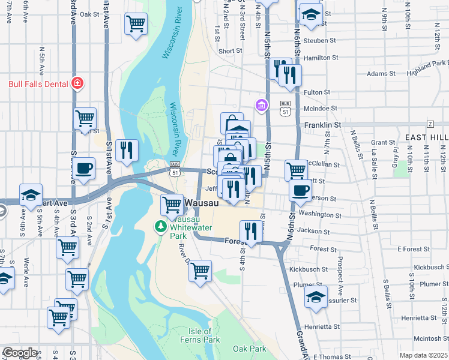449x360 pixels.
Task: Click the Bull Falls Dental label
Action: coord(38,84)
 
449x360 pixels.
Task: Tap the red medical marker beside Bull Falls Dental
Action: coord(77,83)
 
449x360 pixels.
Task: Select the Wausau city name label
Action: coord(202,203)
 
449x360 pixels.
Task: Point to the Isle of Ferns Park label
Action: coord(200,335)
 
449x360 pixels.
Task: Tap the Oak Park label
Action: coord(249,349)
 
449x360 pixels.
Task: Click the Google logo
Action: coord(20,353)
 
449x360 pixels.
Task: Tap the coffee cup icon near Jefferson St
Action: coord(300,190)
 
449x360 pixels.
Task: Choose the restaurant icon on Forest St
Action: coord(251,231)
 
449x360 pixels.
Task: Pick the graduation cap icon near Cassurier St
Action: coord(316,297)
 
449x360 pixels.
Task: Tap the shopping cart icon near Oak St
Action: coord(136,25)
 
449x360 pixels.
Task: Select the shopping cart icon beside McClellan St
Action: coord(296,170)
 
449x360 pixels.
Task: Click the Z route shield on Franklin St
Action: coord(430,124)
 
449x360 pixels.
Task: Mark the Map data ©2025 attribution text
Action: coord(423,355)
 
